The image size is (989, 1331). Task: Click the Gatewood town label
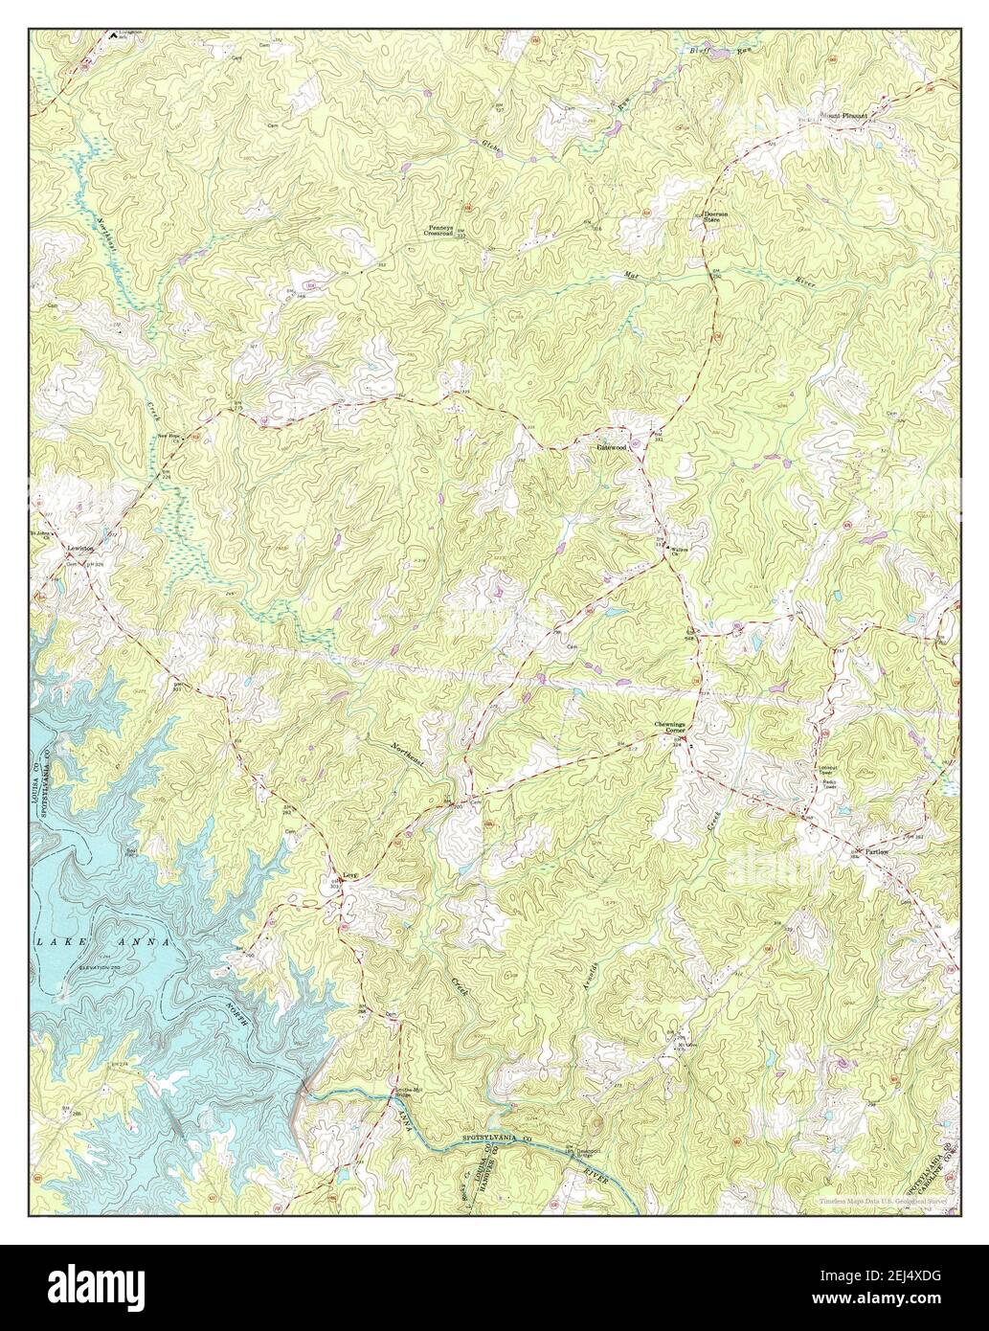[613, 447]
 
